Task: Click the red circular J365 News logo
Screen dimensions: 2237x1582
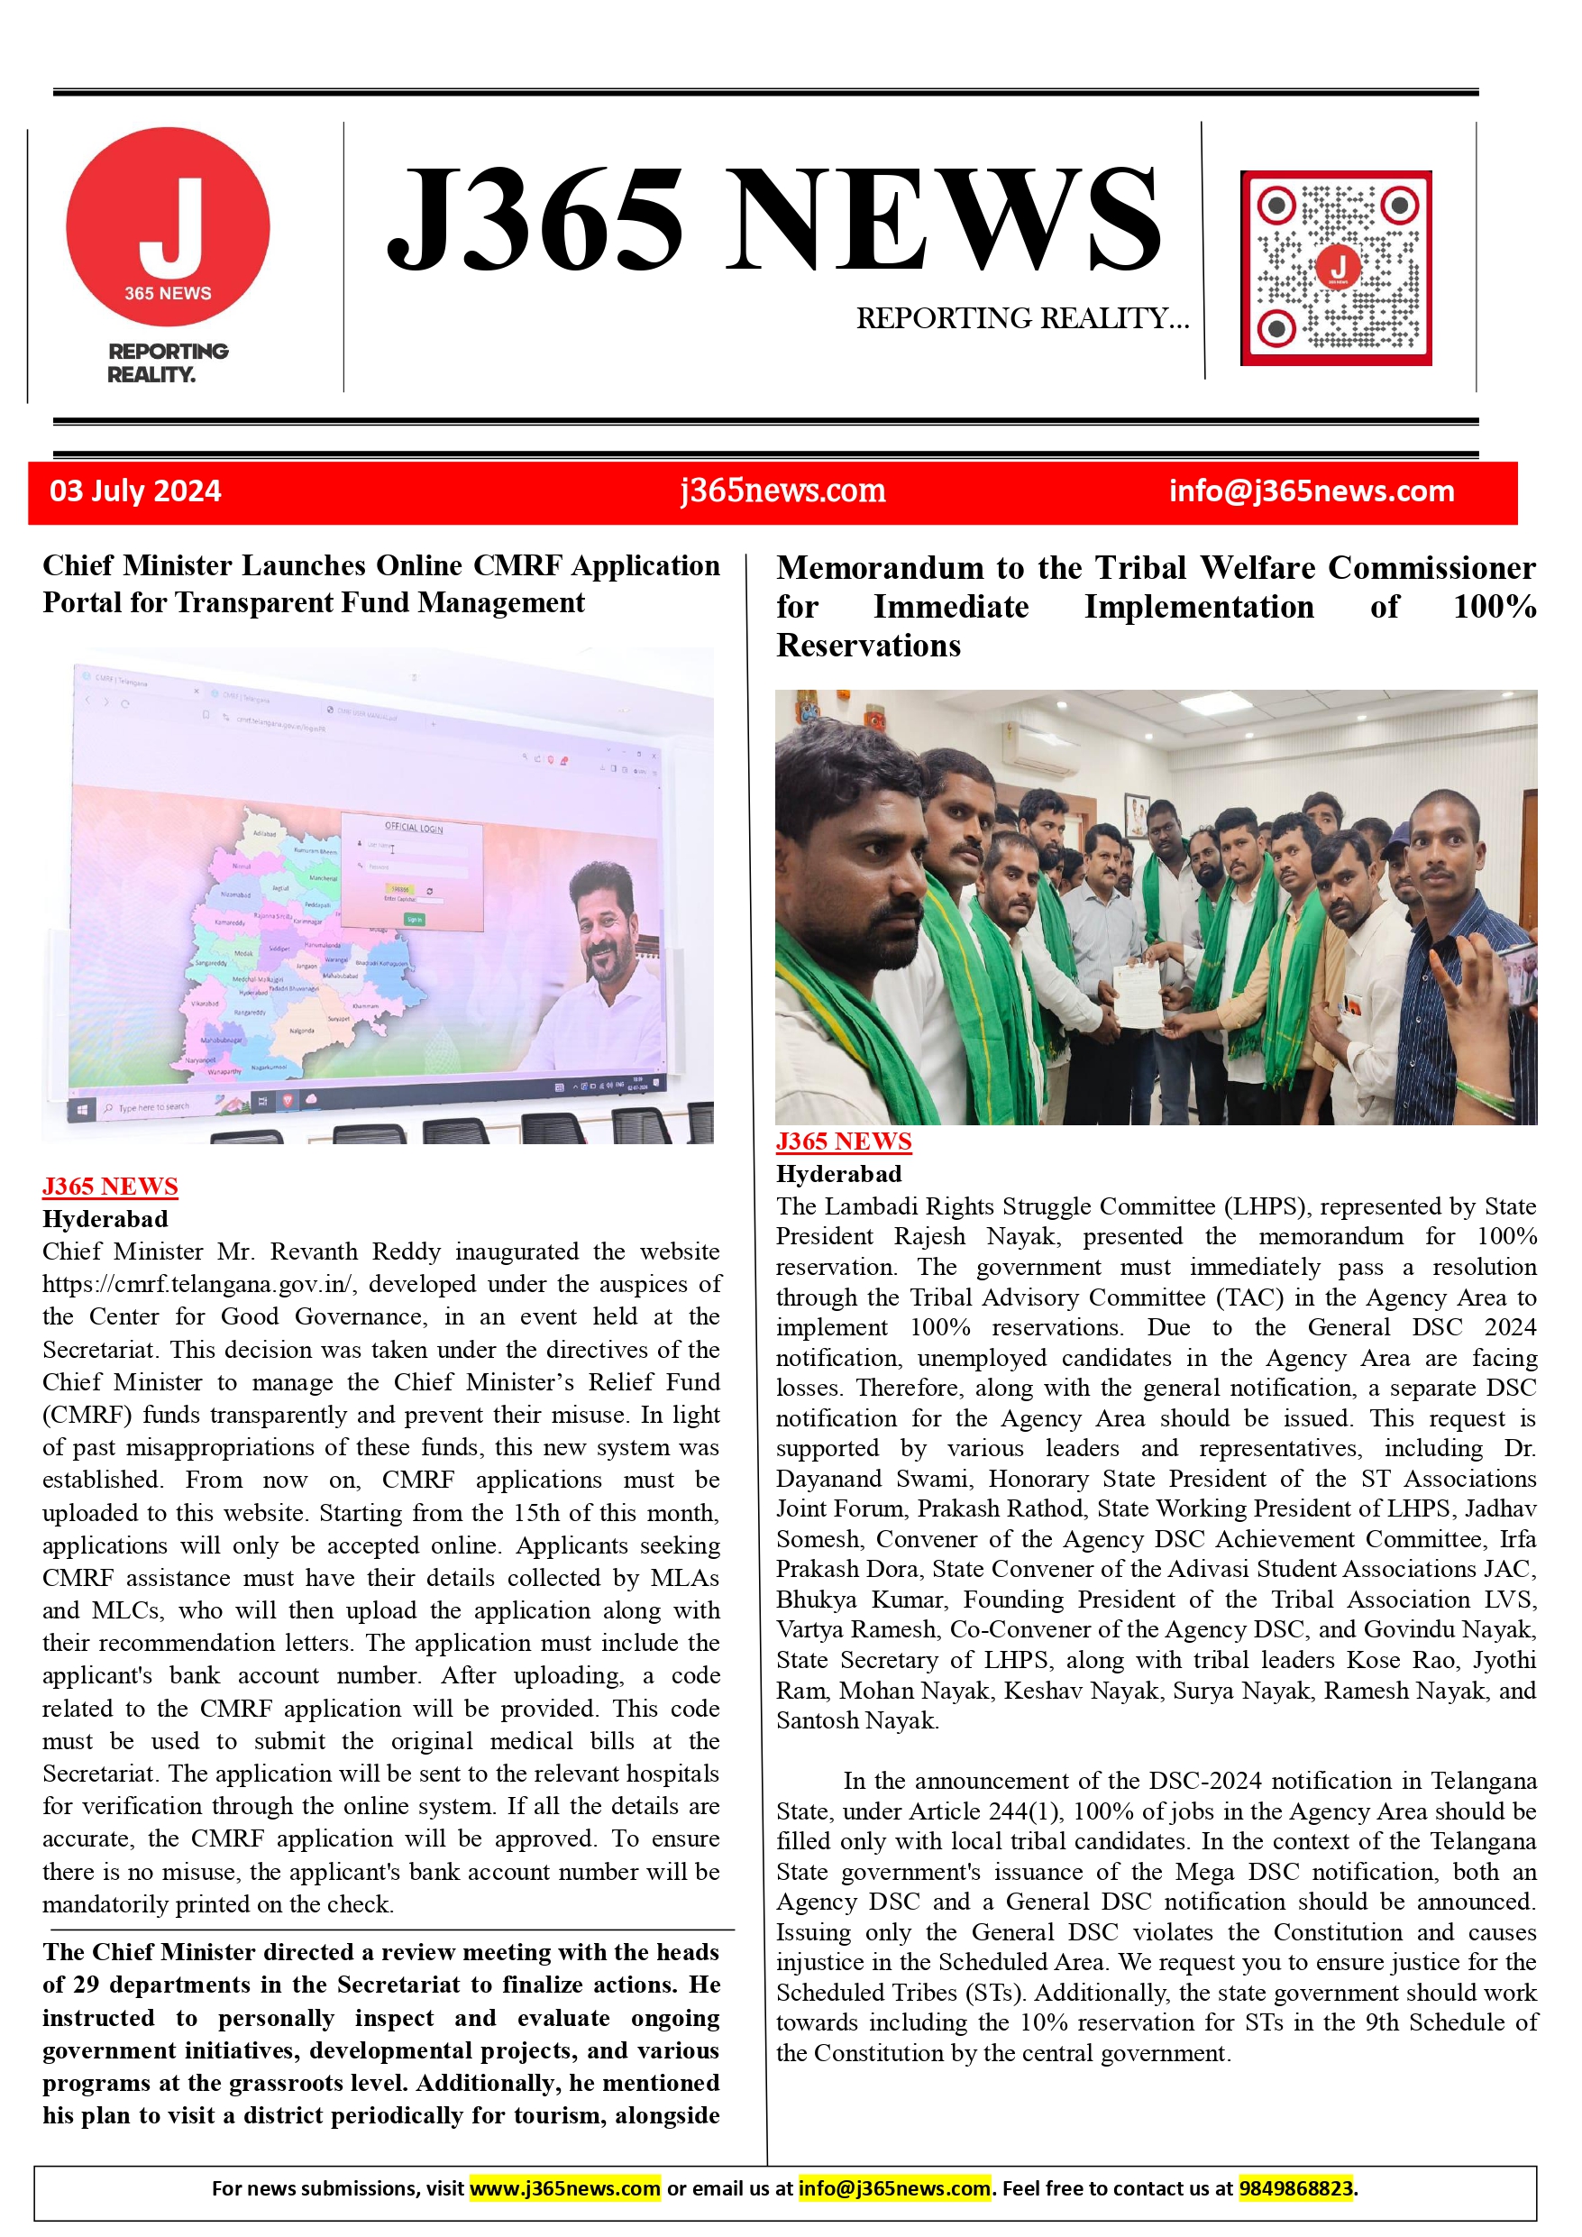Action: (168, 226)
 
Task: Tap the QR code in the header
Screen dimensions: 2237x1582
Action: (1336, 268)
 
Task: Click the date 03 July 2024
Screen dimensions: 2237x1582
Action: (135, 491)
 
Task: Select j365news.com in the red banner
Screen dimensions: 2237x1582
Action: (782, 491)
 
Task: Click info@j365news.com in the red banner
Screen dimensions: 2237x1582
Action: (1312, 491)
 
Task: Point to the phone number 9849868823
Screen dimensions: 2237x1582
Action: (1294, 2187)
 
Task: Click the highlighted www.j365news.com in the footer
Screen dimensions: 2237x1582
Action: (565, 2187)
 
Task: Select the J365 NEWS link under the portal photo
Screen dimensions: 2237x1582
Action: (110, 1186)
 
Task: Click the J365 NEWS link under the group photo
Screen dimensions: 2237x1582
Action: (844, 1141)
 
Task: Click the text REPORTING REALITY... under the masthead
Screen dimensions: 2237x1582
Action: (1022, 318)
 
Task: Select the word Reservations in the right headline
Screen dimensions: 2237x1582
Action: (868, 646)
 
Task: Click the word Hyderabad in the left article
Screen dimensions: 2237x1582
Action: (105, 1219)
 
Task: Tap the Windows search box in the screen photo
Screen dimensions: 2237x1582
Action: (151, 1107)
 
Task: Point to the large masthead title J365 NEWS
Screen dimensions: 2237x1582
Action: (773, 219)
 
